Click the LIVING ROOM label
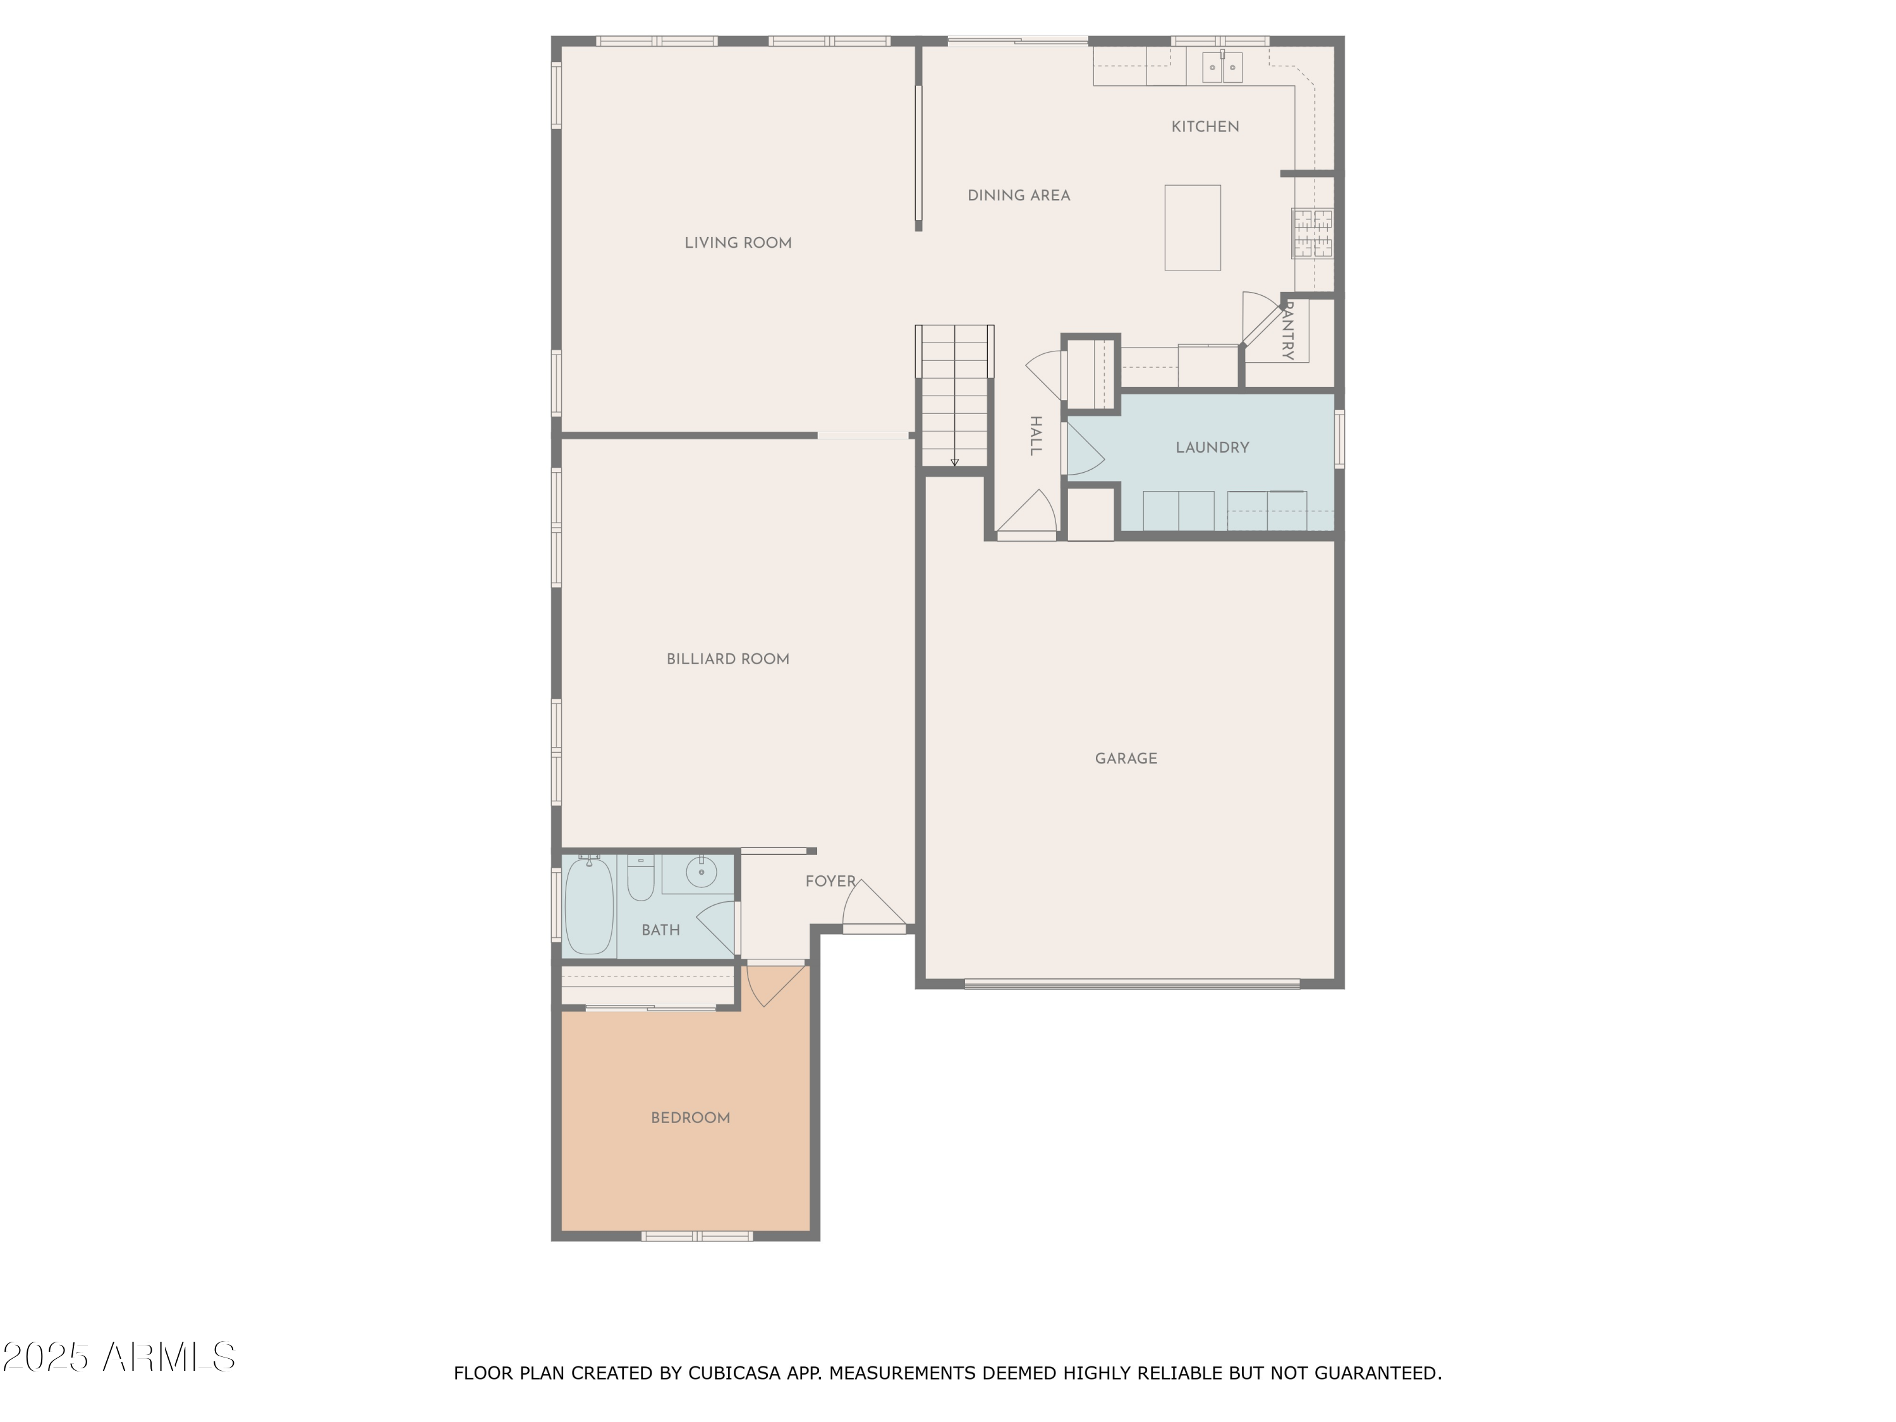737,243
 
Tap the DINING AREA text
1018,195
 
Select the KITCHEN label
1205,127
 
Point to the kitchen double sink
1222,67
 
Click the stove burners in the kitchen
1312,234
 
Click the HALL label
1035,435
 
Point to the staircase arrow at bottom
954,462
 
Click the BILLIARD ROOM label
727,659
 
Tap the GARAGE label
1126,758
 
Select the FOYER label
830,881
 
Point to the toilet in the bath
640,878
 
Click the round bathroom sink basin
700,873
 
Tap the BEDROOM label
690,1118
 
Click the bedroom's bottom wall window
697,1236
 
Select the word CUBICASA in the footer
734,1373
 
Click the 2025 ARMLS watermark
119,1357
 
